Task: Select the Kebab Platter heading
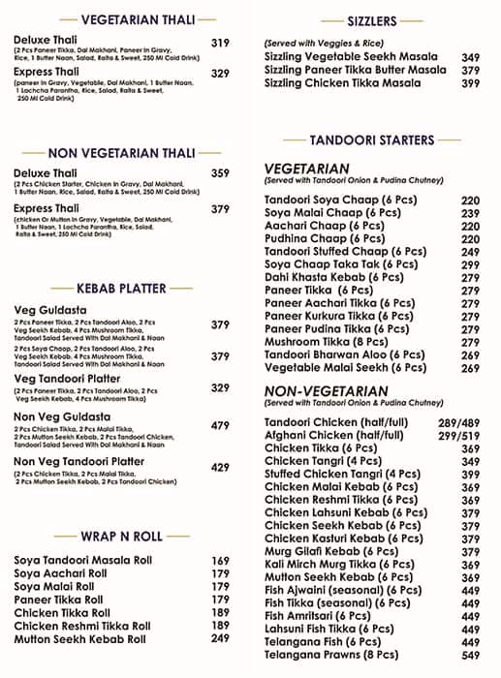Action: tap(121, 288)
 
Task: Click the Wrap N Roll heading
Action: tap(121, 536)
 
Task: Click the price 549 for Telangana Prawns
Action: tap(470, 656)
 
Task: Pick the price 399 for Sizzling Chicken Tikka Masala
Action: tap(470, 84)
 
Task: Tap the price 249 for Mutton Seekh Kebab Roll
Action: tap(220, 639)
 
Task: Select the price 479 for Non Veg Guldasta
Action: tap(220, 425)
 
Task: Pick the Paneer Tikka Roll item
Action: tap(58, 600)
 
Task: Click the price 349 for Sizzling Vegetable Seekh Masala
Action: tap(470, 57)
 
